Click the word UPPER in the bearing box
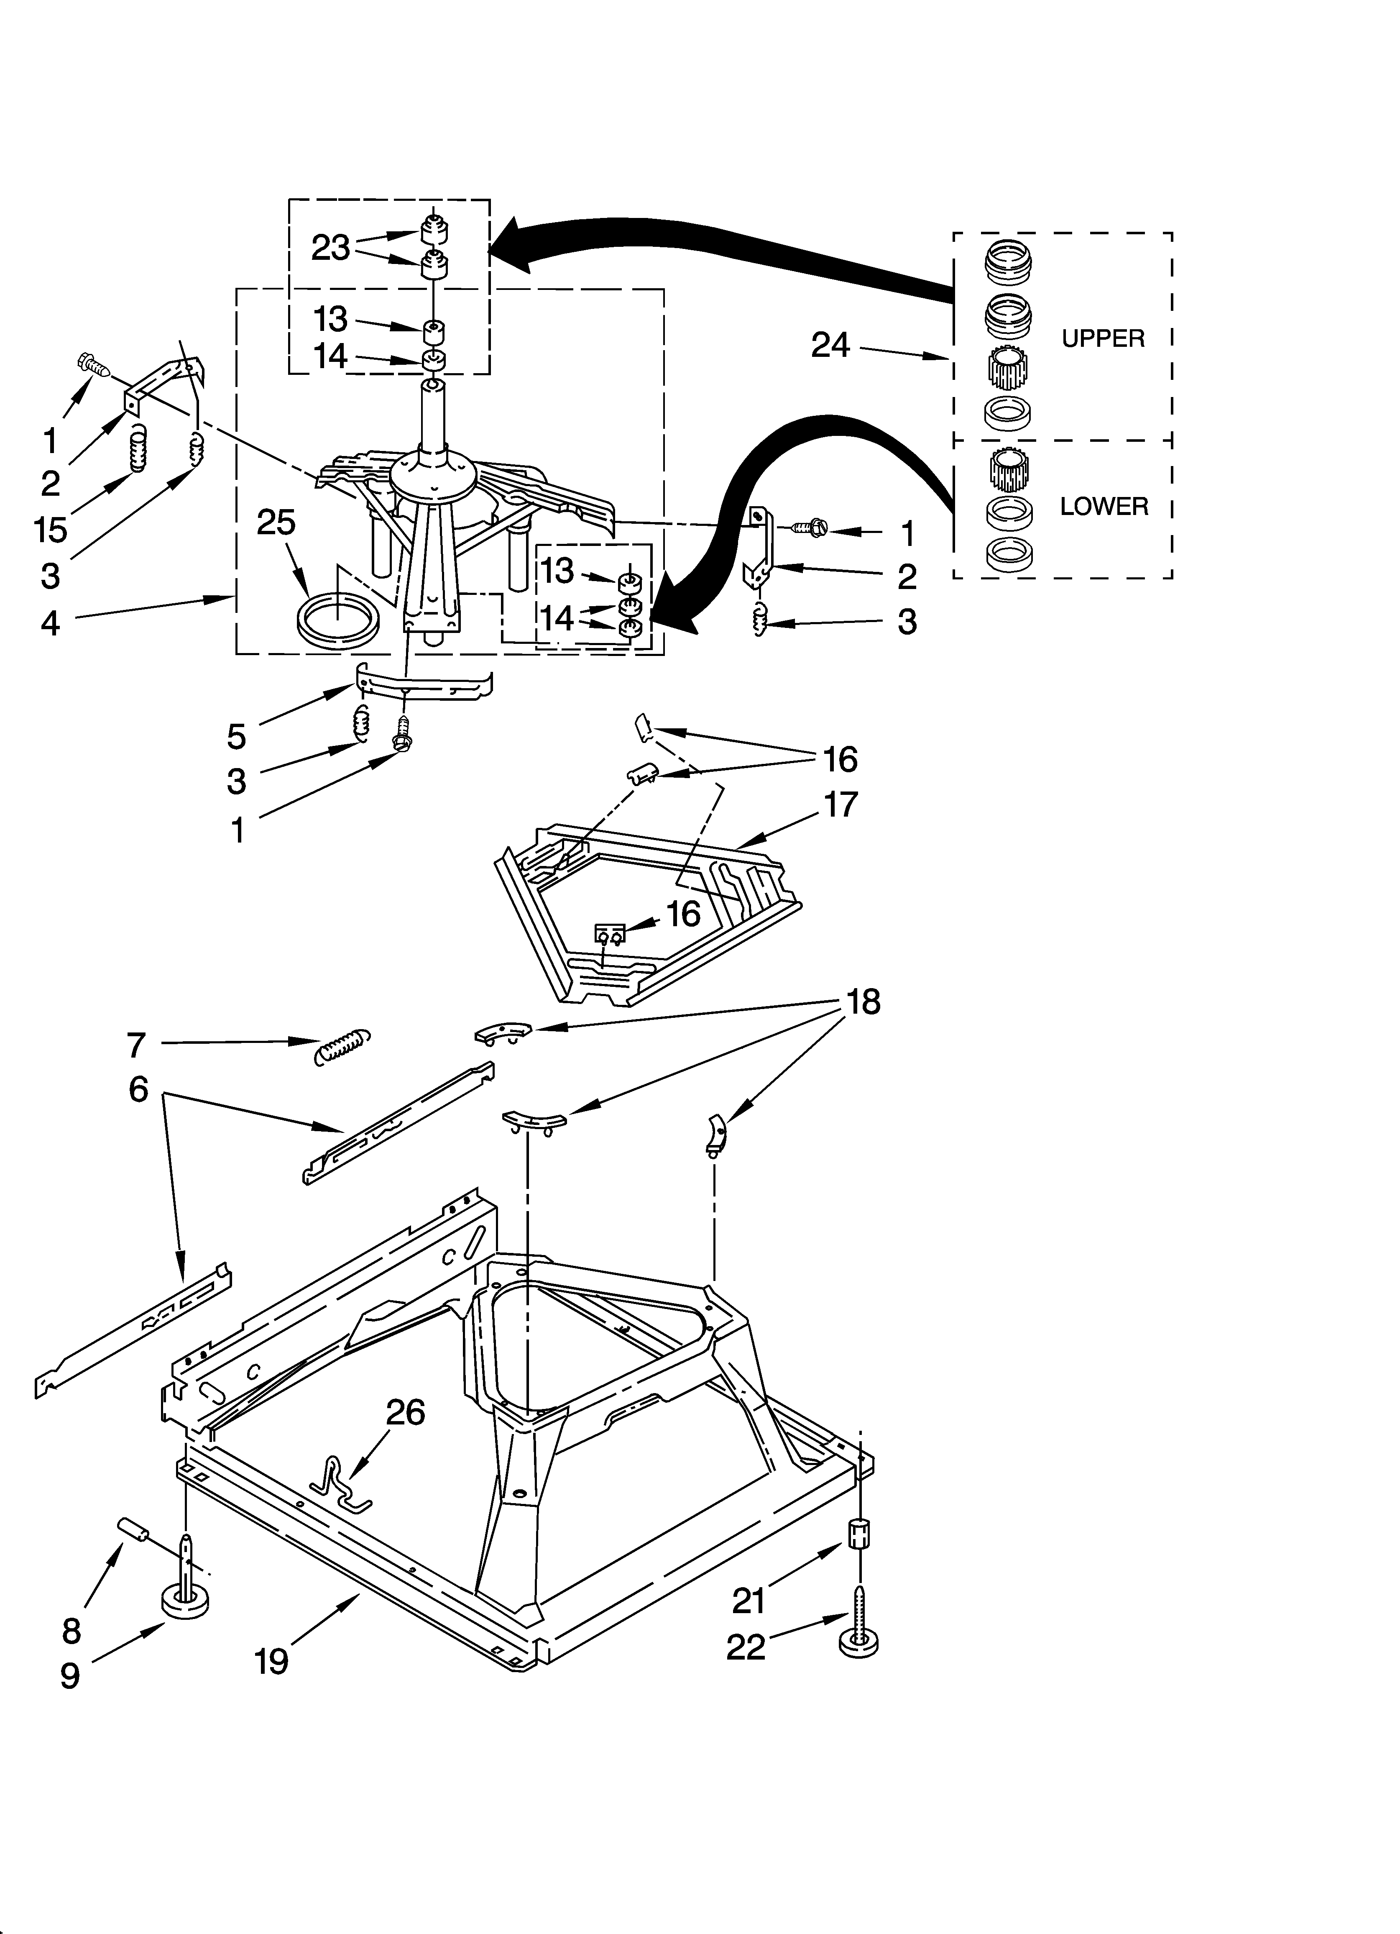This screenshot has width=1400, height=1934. (1102, 338)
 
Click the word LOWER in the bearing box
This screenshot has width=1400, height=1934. (1103, 507)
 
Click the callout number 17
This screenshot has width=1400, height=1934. (841, 804)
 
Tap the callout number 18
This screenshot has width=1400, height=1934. (863, 1002)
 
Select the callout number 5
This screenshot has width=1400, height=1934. (236, 736)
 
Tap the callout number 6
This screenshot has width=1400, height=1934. (138, 1089)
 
